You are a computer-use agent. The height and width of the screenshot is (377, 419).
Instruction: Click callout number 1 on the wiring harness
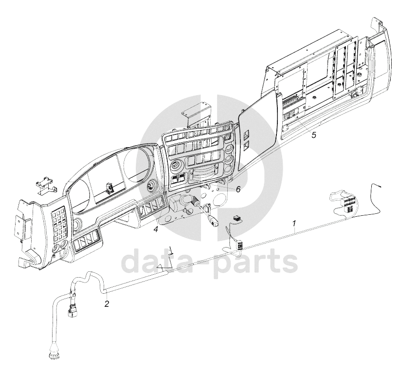coord(294,224)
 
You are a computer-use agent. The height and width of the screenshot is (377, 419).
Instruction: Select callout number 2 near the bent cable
coord(106,304)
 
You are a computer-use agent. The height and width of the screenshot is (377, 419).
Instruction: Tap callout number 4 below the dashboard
coord(156,229)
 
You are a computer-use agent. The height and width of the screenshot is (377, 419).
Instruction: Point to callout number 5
coord(314,135)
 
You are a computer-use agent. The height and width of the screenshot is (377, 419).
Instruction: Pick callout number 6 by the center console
coord(238,189)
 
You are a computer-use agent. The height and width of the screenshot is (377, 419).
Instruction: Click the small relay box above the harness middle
coord(237,221)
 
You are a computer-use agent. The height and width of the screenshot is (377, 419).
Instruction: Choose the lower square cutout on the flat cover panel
coord(247,144)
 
